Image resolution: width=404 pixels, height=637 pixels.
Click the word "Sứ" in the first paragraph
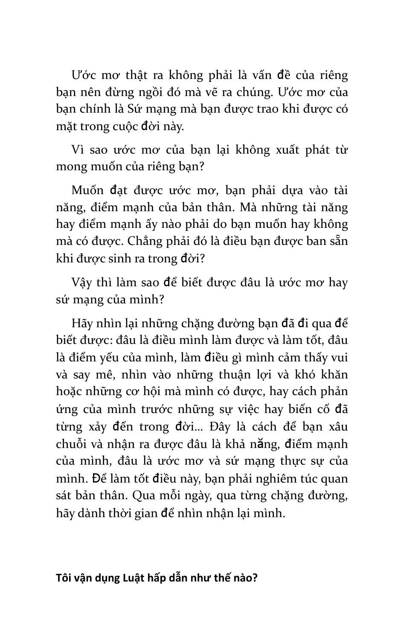pyautogui.click(x=135, y=109)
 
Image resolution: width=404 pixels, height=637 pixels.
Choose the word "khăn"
pyautogui.click(x=334, y=374)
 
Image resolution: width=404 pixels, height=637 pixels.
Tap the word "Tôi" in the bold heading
pyautogui.click(x=64, y=578)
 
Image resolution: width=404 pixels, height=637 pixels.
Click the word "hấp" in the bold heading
pyautogui.click(x=160, y=578)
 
